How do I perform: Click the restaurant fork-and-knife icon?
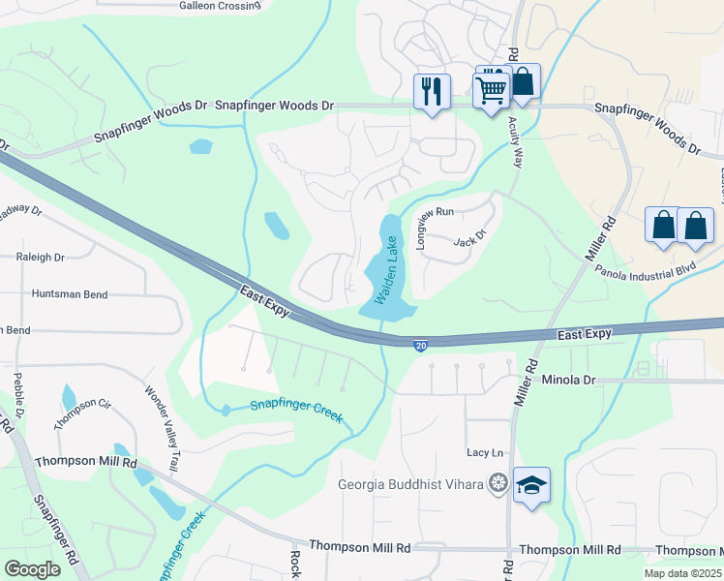tap(432, 92)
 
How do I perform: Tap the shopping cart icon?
tap(492, 89)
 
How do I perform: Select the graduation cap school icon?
tap(531, 484)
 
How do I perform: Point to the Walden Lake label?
tap(392, 273)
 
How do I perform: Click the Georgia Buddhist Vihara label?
tap(410, 485)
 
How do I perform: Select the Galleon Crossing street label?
tap(220, 5)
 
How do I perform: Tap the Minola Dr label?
tap(569, 381)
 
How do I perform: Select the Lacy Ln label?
tap(486, 452)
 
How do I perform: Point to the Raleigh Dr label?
tap(40, 258)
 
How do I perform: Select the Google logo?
tap(33, 569)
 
